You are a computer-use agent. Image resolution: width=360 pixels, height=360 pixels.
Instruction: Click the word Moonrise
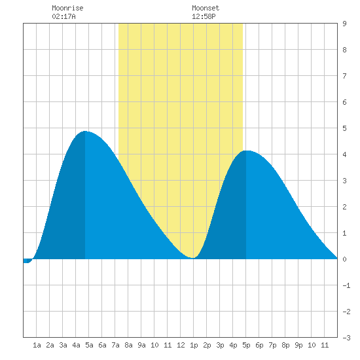click(x=67, y=8)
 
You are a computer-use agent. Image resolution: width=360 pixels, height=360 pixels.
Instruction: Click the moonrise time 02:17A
click(x=63, y=16)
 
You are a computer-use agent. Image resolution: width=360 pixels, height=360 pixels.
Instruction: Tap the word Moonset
click(x=206, y=8)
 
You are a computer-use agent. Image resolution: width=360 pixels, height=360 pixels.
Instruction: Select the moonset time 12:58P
click(x=204, y=16)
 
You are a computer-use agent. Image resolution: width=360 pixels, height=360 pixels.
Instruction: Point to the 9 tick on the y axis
click(x=344, y=24)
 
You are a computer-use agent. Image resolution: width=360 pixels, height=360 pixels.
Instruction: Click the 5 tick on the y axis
click(x=344, y=128)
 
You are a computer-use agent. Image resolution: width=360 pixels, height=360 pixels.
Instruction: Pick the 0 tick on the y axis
click(x=344, y=259)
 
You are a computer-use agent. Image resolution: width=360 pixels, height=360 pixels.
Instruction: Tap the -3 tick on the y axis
click(x=346, y=338)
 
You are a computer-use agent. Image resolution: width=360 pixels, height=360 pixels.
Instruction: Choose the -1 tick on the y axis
click(x=346, y=285)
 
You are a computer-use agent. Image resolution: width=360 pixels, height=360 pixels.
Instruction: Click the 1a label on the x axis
click(x=37, y=345)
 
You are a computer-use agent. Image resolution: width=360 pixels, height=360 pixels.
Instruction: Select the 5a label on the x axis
click(x=89, y=345)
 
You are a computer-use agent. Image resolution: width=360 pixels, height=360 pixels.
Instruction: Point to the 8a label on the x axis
click(x=128, y=345)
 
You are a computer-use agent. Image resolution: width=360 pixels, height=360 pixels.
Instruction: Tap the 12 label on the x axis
click(x=181, y=345)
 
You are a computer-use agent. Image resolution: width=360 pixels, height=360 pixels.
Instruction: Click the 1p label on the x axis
click(x=194, y=345)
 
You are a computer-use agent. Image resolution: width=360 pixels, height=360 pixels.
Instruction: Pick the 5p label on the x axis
click(x=246, y=345)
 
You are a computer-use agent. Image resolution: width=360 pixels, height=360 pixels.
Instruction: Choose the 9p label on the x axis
click(x=298, y=345)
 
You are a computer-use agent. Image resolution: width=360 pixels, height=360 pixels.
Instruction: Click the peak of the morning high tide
click(x=85, y=131)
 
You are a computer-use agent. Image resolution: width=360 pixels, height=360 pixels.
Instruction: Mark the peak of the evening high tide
click(x=246, y=151)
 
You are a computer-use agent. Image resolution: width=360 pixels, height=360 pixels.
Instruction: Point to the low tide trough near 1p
click(x=193, y=258)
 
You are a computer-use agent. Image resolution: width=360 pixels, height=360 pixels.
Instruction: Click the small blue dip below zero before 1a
click(x=27, y=261)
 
